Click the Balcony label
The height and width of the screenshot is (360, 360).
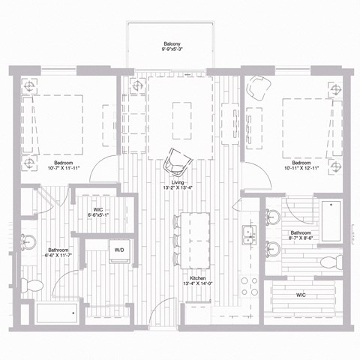[172, 44]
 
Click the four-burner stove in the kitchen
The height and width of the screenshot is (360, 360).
[247, 288]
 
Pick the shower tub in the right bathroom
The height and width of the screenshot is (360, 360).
[331, 220]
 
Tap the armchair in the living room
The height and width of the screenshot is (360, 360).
[178, 160]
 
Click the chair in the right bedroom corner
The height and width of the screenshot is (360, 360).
[259, 88]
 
